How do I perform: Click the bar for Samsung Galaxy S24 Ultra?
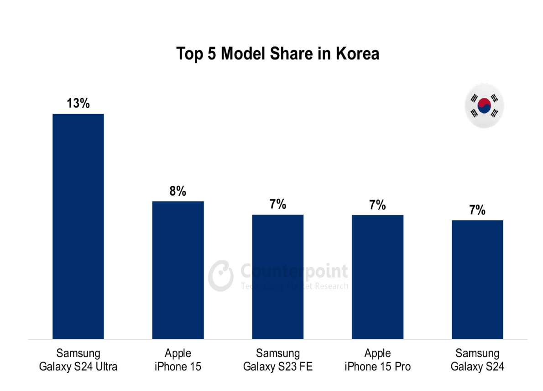point(78,226)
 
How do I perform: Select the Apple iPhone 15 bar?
point(178,270)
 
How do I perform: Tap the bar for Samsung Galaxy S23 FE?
point(277,277)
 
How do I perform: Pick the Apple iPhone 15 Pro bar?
point(377,277)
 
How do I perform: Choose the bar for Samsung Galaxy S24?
point(477,279)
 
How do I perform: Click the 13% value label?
point(78,103)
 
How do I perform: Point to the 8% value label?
point(178,191)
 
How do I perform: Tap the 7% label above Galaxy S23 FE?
point(277,205)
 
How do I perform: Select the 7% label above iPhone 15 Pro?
point(377,205)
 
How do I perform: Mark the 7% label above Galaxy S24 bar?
point(477,210)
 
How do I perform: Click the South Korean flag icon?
point(484,105)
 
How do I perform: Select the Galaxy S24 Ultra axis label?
point(78,366)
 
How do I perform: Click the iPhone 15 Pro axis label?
point(377,366)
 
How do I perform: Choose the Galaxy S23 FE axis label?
point(277,366)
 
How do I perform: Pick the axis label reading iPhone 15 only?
point(178,366)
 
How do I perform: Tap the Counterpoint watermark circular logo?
point(221,275)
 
